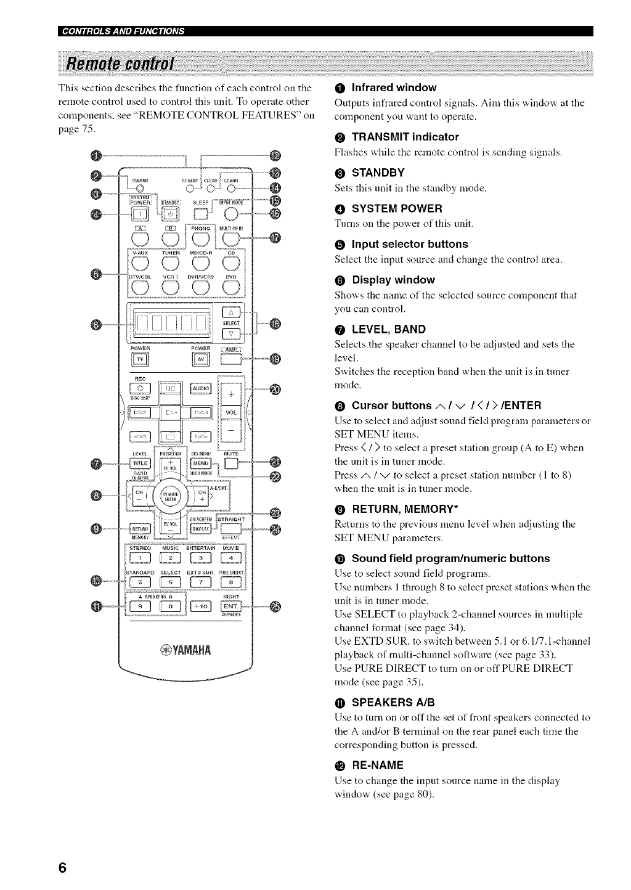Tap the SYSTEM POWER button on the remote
(x=139, y=213)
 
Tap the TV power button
(x=140, y=361)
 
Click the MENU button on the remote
(x=201, y=463)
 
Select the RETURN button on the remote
(x=140, y=528)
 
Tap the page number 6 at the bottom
(x=62, y=866)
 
